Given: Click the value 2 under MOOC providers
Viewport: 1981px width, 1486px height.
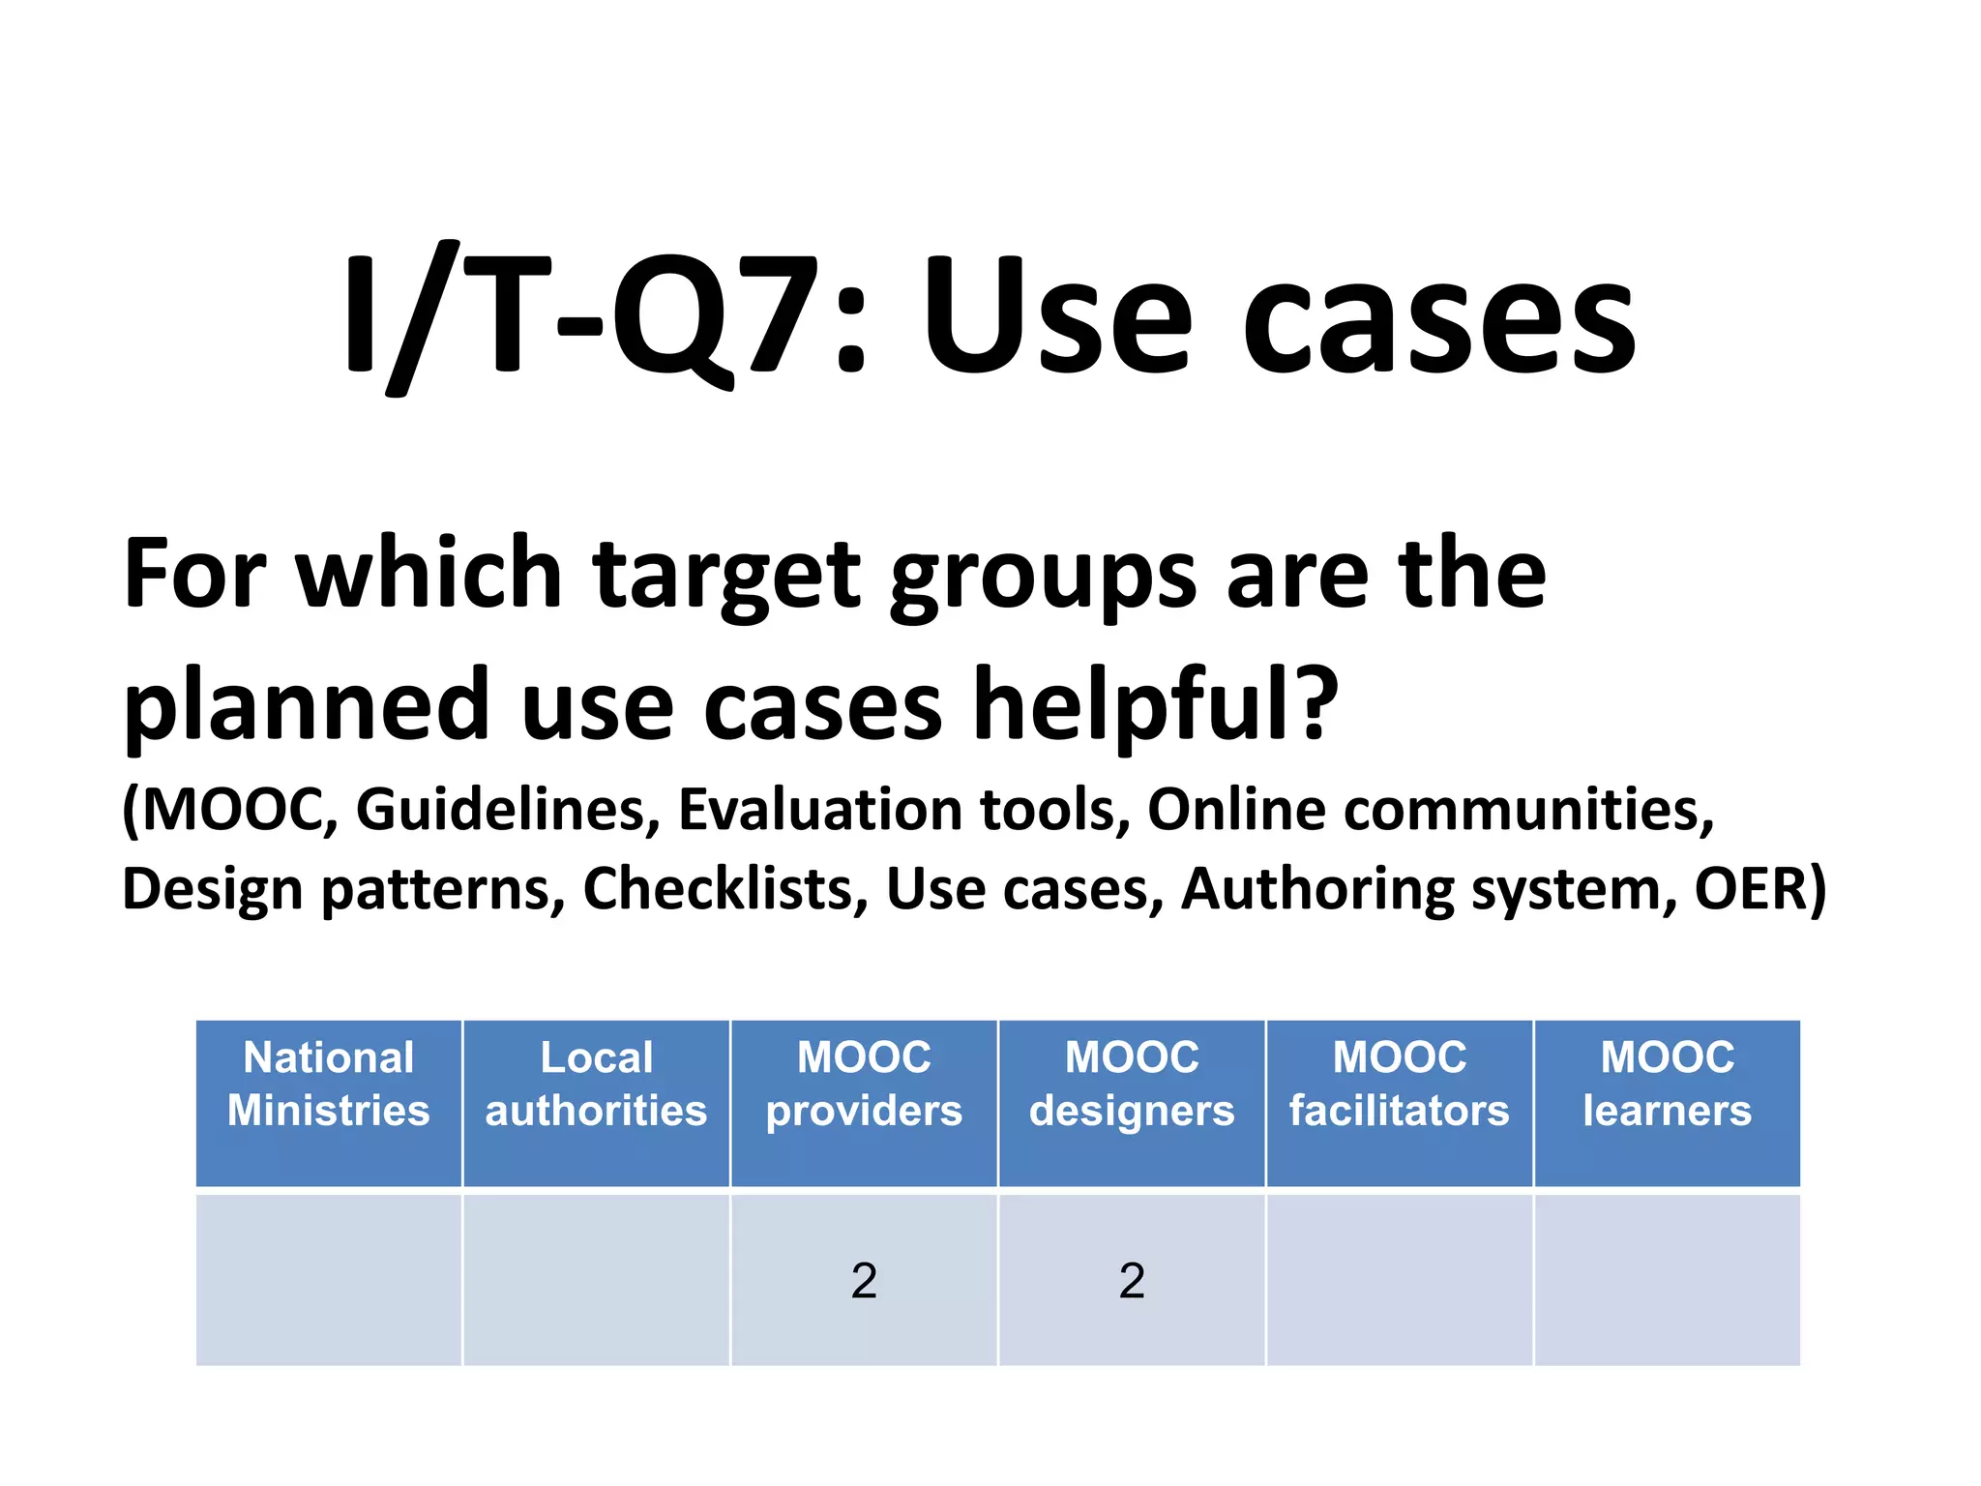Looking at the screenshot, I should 864,1281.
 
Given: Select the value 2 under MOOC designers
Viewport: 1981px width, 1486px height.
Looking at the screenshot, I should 1132,1281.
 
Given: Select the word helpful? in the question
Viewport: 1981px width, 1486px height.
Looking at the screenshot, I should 1155,706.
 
